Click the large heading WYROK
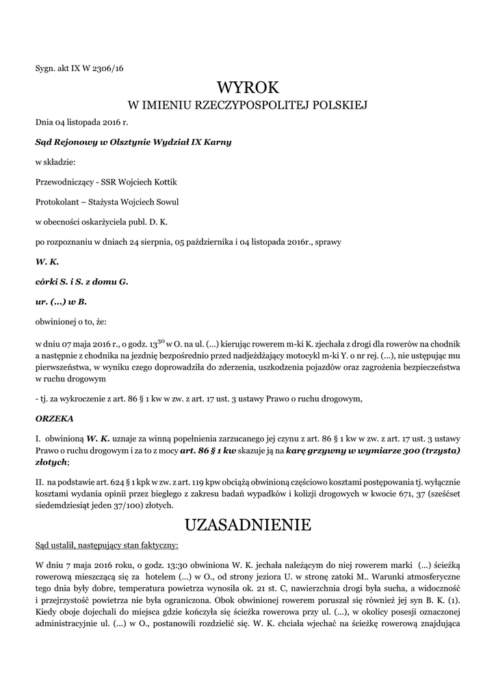click(x=248, y=87)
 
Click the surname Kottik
click(x=170, y=182)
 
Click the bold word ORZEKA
click(x=50, y=418)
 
